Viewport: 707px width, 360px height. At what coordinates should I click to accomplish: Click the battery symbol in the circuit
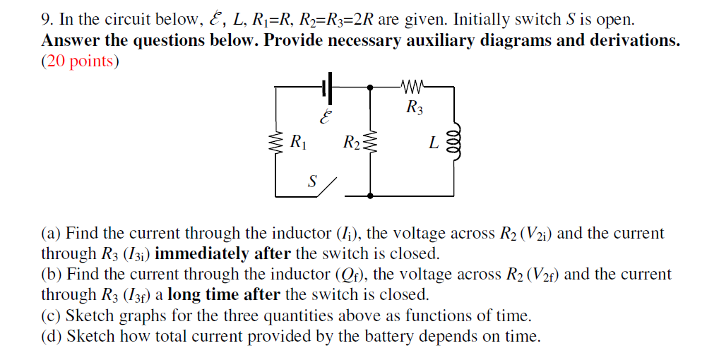pyautogui.click(x=326, y=88)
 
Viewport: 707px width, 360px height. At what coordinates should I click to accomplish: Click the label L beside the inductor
pyautogui.click(x=433, y=143)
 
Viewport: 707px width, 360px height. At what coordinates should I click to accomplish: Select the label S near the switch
pyautogui.click(x=311, y=181)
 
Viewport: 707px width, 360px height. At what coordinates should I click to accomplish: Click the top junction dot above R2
pyautogui.click(x=370, y=88)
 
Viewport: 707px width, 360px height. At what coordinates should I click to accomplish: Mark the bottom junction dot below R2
pyautogui.click(x=370, y=195)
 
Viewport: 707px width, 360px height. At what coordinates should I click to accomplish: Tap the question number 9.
pyautogui.click(x=47, y=20)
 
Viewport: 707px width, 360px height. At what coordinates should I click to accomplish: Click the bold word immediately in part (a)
pyautogui.click(x=201, y=253)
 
